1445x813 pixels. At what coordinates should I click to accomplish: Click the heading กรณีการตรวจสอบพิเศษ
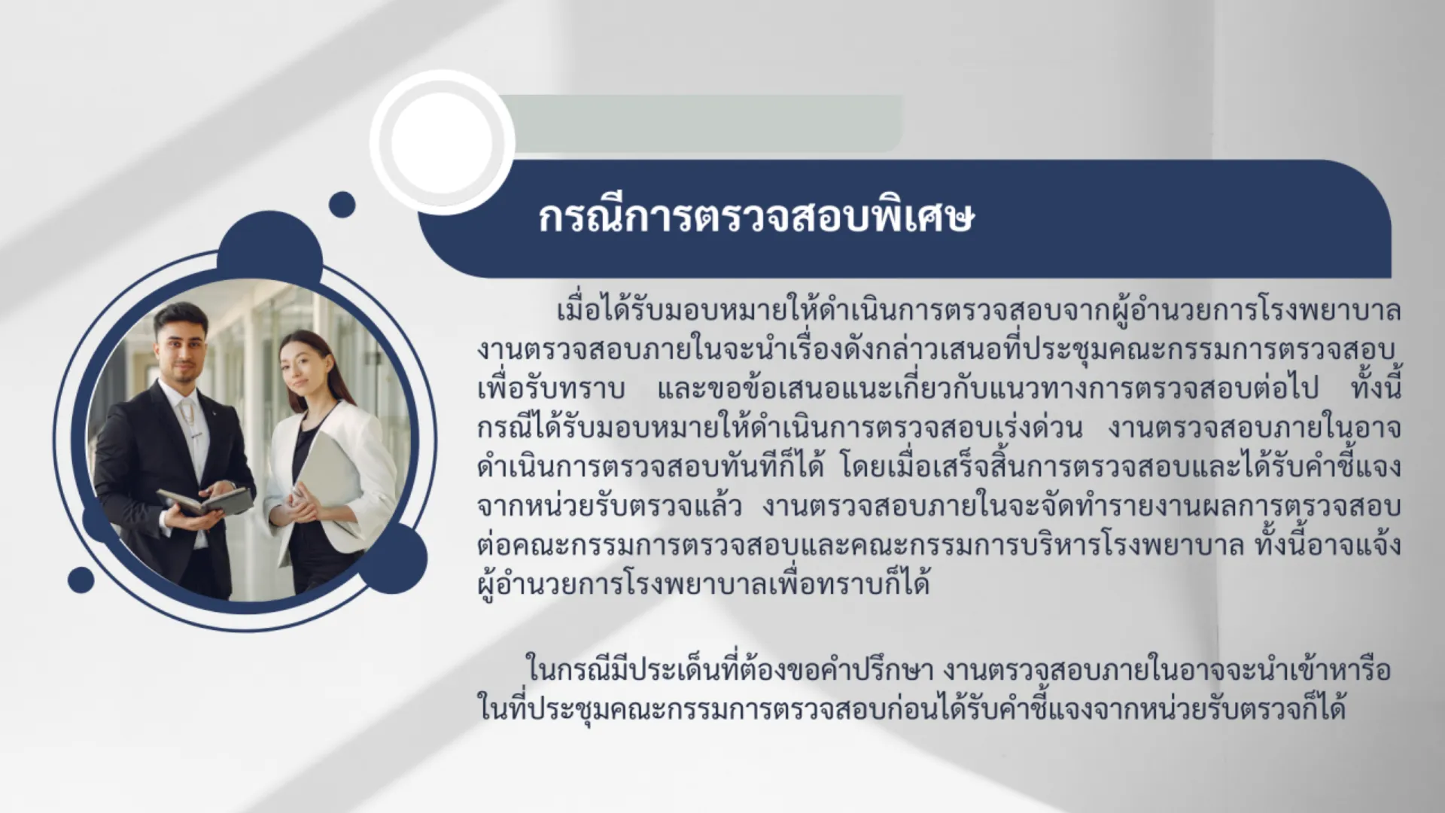[756, 218]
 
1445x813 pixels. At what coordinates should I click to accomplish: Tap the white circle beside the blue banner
[443, 142]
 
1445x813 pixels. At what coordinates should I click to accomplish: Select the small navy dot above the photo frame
[342, 204]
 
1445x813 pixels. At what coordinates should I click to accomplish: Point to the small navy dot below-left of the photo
[81, 580]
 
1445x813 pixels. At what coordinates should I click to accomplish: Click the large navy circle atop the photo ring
[269, 248]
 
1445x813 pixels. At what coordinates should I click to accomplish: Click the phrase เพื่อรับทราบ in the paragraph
[552, 388]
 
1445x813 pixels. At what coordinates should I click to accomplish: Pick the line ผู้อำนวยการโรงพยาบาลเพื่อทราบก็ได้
[704, 584]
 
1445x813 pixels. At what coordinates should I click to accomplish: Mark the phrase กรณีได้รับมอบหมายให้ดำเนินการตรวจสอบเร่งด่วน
[780, 428]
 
